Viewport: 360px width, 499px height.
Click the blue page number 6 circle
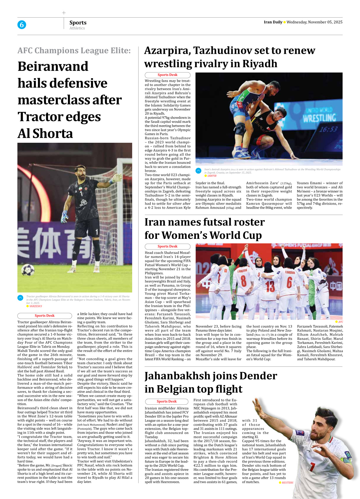point(22,25)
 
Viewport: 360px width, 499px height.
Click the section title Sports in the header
point(78,22)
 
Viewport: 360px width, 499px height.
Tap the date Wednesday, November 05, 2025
point(314,22)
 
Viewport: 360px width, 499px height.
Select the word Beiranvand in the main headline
point(53,66)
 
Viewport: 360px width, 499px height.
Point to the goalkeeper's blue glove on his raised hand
point(117,178)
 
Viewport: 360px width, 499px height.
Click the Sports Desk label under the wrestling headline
point(167,75)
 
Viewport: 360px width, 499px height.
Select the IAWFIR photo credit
point(212,176)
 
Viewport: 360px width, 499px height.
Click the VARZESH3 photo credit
point(35,306)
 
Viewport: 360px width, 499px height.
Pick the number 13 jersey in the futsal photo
point(270,286)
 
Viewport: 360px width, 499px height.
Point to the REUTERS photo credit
point(287,483)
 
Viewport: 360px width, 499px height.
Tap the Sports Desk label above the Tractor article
point(45,316)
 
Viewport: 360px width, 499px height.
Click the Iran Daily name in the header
point(273,22)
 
